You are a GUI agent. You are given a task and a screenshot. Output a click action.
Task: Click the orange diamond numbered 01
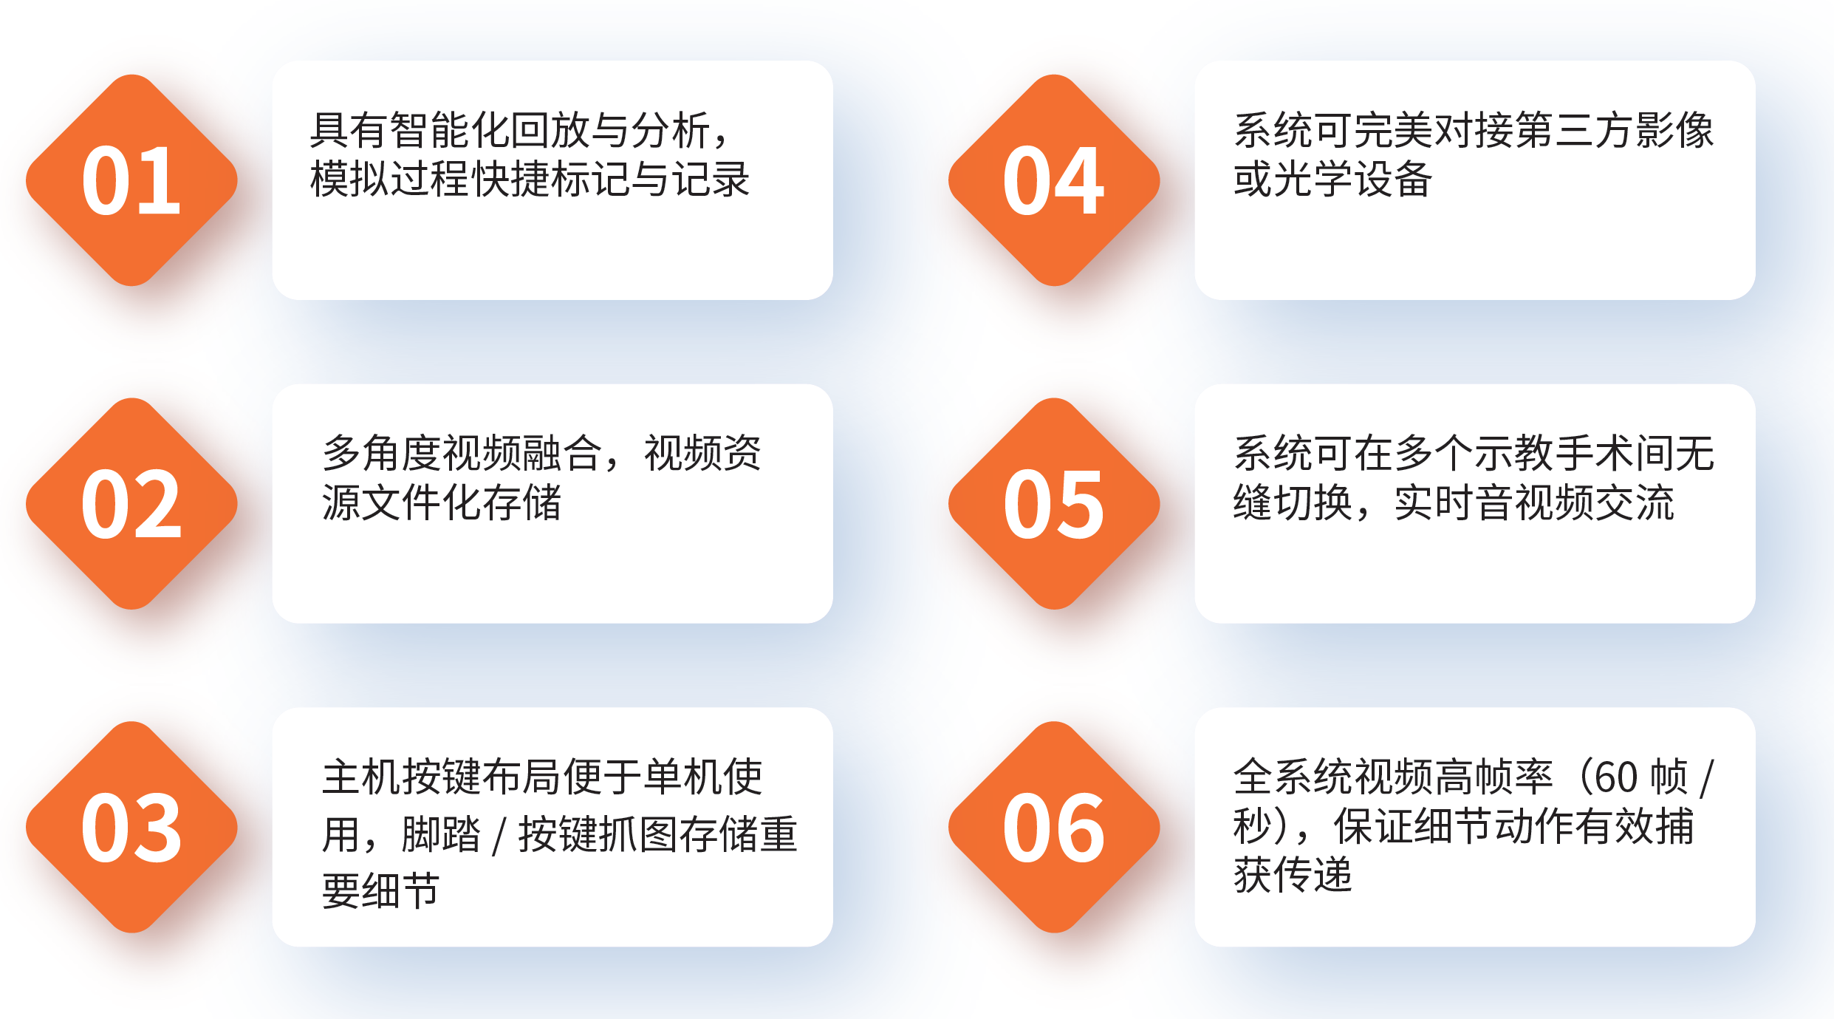click(x=131, y=180)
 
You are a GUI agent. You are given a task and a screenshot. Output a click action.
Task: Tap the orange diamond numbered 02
click(x=131, y=504)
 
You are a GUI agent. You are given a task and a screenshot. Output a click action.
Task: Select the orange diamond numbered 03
click(x=131, y=827)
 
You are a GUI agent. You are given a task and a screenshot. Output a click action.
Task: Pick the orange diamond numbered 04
click(x=1054, y=180)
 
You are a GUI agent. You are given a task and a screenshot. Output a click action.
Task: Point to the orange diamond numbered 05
click(x=1054, y=504)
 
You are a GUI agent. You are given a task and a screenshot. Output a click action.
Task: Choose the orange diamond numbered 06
click(x=1054, y=827)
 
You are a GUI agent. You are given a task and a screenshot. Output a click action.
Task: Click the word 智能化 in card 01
click(x=449, y=131)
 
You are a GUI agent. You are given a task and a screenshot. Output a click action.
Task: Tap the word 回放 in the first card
click(x=550, y=131)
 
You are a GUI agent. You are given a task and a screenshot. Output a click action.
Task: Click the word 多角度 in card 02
click(x=382, y=453)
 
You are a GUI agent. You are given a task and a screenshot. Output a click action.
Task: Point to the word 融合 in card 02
click(x=563, y=453)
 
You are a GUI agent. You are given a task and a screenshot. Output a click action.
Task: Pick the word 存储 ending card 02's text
click(x=522, y=502)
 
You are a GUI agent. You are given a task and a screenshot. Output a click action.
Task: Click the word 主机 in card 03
click(x=362, y=777)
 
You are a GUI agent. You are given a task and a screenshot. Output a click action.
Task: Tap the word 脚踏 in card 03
click(x=441, y=834)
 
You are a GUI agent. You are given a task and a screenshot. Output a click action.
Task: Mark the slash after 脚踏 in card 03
click(x=500, y=835)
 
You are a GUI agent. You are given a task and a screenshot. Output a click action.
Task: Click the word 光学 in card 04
click(x=1313, y=179)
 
